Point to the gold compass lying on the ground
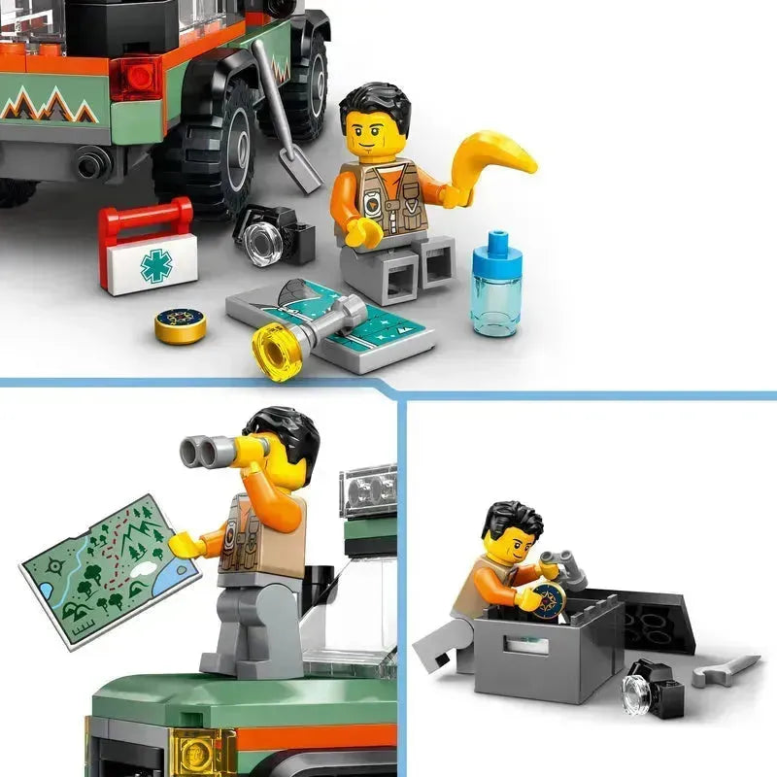click(x=180, y=325)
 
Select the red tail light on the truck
click(x=136, y=78)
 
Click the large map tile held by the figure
click(x=109, y=568)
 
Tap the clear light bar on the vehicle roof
click(x=368, y=490)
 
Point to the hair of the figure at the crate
click(x=512, y=520)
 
